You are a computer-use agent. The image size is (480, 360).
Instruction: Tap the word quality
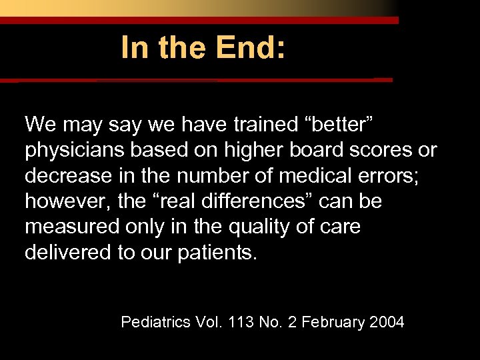click(x=256, y=227)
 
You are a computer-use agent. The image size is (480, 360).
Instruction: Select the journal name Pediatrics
click(x=156, y=323)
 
